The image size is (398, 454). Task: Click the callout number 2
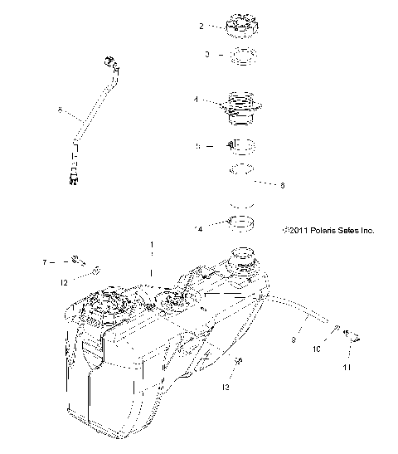click(x=201, y=27)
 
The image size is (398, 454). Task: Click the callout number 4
click(x=197, y=100)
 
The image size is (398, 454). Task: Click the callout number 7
click(x=45, y=262)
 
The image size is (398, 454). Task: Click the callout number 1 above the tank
click(x=152, y=246)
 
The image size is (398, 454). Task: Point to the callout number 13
click(x=225, y=387)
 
